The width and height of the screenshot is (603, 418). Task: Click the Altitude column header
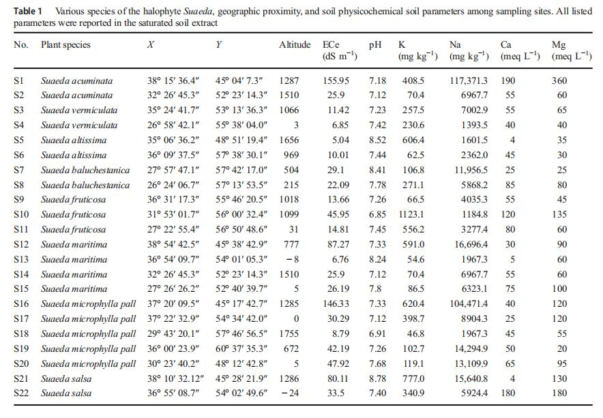point(295,44)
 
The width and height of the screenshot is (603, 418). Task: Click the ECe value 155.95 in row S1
point(336,80)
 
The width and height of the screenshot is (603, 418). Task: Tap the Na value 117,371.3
point(469,80)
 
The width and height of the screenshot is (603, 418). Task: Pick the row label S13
point(21,260)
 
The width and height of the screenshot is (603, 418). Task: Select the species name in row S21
point(66,378)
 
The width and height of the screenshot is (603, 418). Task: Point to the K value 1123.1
point(411,214)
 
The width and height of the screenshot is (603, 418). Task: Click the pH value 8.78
point(377,378)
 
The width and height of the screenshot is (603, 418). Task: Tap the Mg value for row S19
point(562,348)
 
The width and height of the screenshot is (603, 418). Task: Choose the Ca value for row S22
point(508,393)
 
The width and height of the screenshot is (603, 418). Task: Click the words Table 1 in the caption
point(28,11)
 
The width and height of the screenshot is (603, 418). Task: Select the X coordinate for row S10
point(173,214)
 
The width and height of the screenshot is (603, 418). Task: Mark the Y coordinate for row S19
point(241,348)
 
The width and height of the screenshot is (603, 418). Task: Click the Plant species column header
point(65,45)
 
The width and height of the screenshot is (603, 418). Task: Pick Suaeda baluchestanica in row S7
point(85,170)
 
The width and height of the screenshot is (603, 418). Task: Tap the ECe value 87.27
point(338,245)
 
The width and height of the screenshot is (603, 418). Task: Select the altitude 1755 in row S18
point(289,333)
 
